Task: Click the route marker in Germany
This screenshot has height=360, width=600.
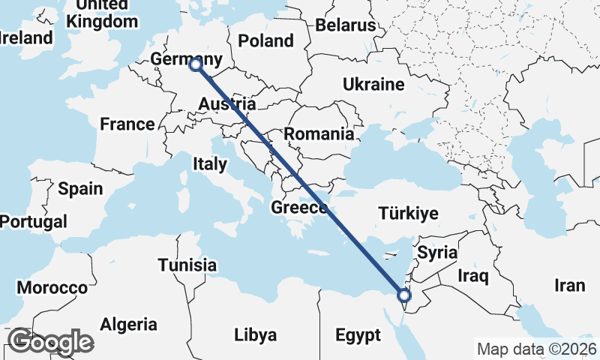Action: [x=196, y=65]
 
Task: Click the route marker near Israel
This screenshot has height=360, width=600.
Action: [x=404, y=295]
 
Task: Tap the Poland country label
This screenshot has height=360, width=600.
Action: [x=265, y=40]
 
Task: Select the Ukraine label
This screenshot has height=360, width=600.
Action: [x=373, y=84]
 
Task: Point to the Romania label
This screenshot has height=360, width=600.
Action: [x=319, y=134]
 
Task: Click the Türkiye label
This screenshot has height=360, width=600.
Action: [x=408, y=214]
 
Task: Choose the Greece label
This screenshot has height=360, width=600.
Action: [x=299, y=208]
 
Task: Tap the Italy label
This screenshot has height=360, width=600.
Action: [x=209, y=164]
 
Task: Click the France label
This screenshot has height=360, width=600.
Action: [x=127, y=124]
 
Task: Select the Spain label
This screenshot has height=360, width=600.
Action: [x=80, y=188]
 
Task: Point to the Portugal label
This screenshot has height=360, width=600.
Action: [x=33, y=222]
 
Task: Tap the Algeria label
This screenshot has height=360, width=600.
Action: [x=129, y=325]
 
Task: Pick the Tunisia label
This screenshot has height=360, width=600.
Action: [x=187, y=265]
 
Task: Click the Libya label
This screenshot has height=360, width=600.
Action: [x=255, y=334]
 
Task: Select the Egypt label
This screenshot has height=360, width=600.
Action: [x=358, y=335]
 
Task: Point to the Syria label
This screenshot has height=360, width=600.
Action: [x=437, y=253]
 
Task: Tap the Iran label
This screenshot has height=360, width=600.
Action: [x=569, y=286]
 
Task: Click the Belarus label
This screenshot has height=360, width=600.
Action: [x=345, y=25]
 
